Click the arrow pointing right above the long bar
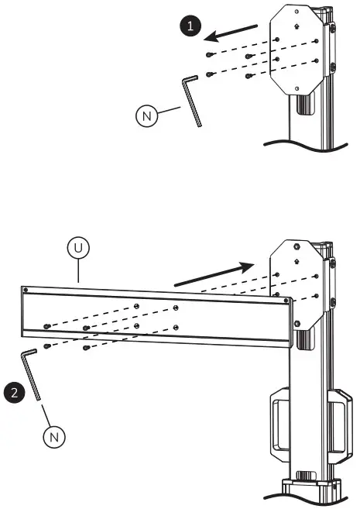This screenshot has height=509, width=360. [x=213, y=275]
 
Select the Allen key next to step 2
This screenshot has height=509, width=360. [x=31, y=375]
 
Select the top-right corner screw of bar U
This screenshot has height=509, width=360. [x=286, y=300]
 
